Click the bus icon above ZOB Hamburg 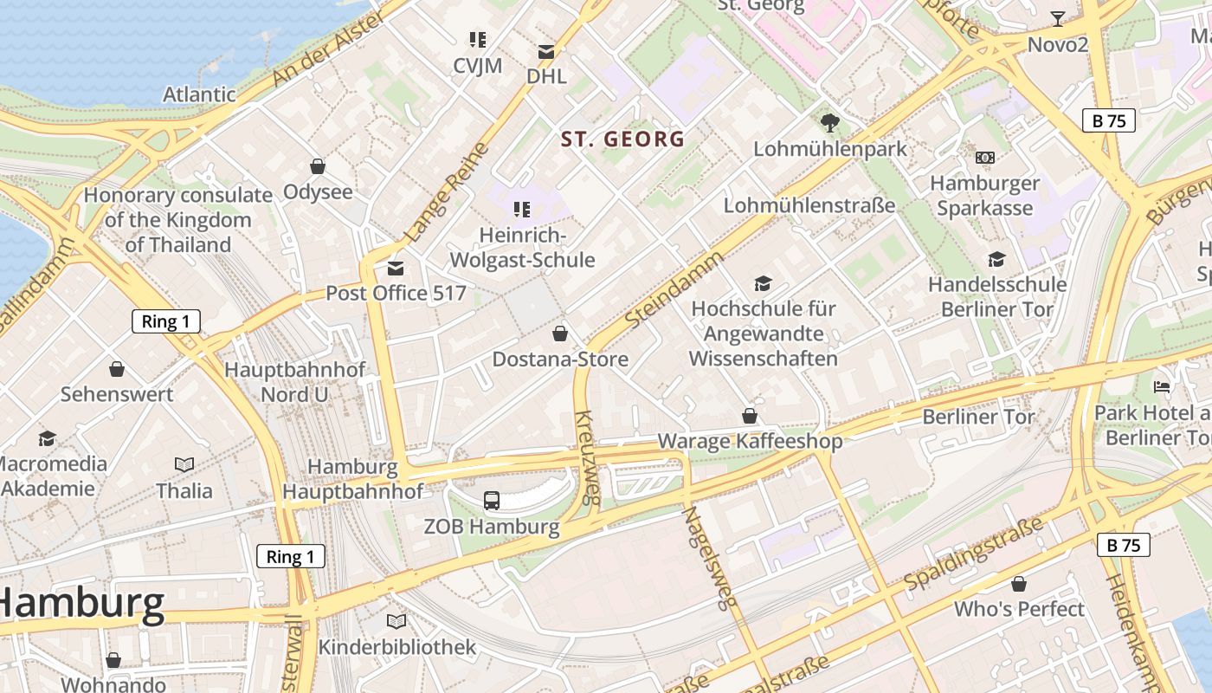click(x=492, y=500)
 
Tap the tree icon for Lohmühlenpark click(x=829, y=123)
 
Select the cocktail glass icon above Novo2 click(x=1057, y=18)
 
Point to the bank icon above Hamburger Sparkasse click(x=985, y=158)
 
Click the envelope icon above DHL click(x=546, y=51)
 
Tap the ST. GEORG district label click(x=622, y=139)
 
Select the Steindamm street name click(x=674, y=289)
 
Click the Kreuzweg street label click(x=588, y=457)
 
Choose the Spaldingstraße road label click(x=973, y=556)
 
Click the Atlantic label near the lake click(x=199, y=94)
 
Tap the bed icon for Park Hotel click(x=1162, y=386)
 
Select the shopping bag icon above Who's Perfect click(x=1019, y=584)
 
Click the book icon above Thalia click(x=184, y=464)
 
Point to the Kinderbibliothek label click(x=396, y=647)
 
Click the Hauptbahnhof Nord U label click(x=294, y=382)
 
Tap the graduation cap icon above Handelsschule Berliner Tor click(x=997, y=259)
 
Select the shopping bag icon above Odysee click(x=318, y=166)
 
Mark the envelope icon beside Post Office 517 click(x=396, y=269)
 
